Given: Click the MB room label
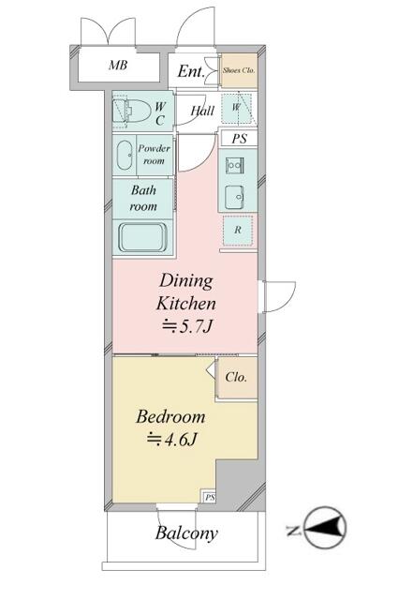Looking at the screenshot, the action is click(118, 65).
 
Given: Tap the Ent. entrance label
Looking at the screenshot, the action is click(191, 71).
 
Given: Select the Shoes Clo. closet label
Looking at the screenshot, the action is click(239, 70).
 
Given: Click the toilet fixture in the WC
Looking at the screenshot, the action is click(131, 112).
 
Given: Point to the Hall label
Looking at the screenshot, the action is click(202, 111).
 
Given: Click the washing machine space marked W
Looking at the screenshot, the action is click(236, 109).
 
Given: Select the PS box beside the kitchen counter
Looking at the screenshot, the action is click(240, 139).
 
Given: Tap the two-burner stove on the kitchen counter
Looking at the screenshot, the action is click(234, 165).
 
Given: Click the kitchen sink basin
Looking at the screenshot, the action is click(234, 197).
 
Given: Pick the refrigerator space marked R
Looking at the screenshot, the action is click(238, 230).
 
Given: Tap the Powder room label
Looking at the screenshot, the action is click(155, 155).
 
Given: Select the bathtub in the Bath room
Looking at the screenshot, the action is click(142, 237).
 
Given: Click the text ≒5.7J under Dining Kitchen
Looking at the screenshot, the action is click(186, 326).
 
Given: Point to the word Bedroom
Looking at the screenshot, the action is click(170, 416).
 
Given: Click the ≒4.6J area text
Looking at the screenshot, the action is click(171, 440).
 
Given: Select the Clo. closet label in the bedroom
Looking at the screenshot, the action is click(236, 377).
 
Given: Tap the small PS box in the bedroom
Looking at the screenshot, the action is click(210, 498).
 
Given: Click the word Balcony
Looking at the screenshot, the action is click(186, 533).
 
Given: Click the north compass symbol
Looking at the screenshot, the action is click(326, 528).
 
